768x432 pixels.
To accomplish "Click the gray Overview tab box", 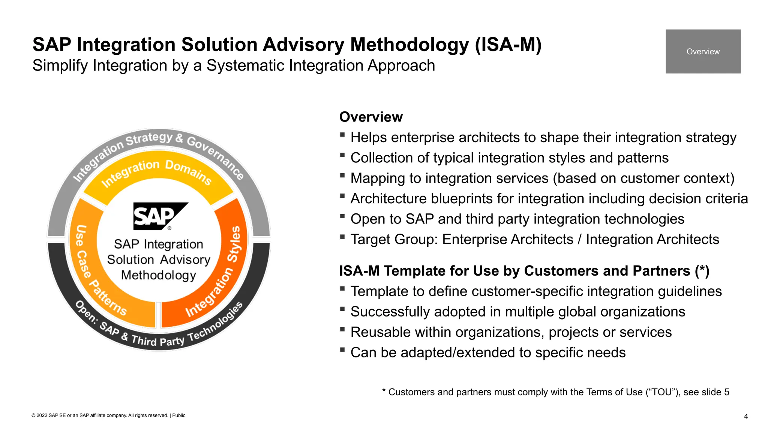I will coord(703,51).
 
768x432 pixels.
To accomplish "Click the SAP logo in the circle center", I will coord(160,216).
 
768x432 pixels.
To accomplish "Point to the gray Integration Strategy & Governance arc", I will coord(157,141).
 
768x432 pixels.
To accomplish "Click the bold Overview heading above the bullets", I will coord(370,117).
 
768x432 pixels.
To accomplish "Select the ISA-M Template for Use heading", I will coord(524,271).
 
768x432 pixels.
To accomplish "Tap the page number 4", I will coord(745,416).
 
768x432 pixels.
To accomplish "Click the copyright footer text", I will coord(108,415).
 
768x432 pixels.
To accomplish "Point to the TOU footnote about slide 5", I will coord(555,392).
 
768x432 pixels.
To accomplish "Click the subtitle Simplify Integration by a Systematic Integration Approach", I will coord(233,66).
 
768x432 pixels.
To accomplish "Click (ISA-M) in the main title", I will coord(508,45).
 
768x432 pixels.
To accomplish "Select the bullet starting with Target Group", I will coord(534,239).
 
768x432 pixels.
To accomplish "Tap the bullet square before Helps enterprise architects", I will coord(342,135).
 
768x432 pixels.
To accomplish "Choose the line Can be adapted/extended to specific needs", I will coord(487,352).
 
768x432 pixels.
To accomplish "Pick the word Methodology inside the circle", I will coord(158,275).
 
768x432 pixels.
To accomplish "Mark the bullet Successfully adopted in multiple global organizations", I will coord(517,312).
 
